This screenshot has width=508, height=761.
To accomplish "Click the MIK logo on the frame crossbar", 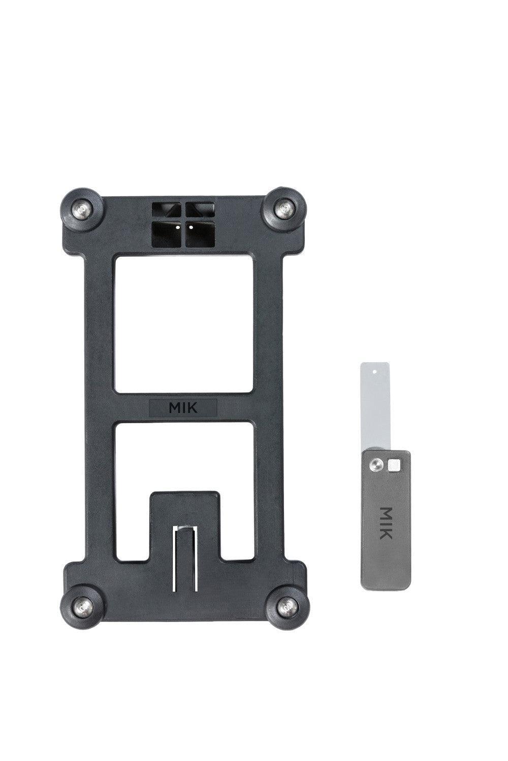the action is (183, 408).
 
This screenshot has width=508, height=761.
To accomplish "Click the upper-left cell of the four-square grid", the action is (167, 210).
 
